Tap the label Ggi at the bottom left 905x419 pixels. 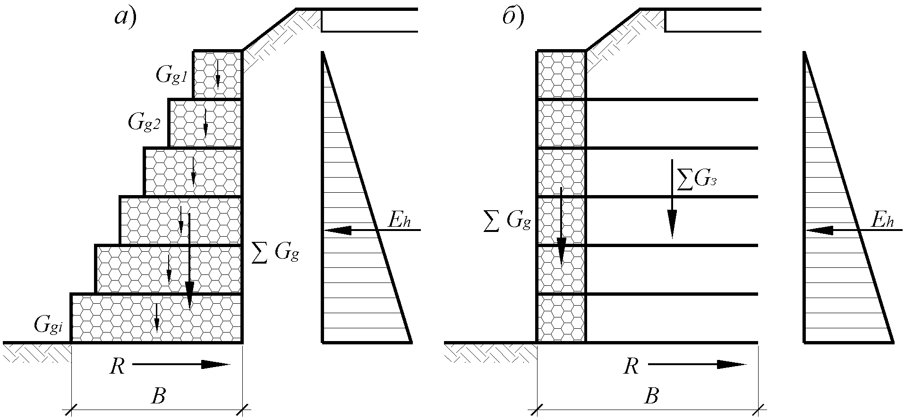[48, 325]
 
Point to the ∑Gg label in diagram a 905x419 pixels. [275, 254]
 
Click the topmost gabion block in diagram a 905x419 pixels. [218, 75]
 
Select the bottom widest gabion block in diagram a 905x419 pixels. [156, 318]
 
